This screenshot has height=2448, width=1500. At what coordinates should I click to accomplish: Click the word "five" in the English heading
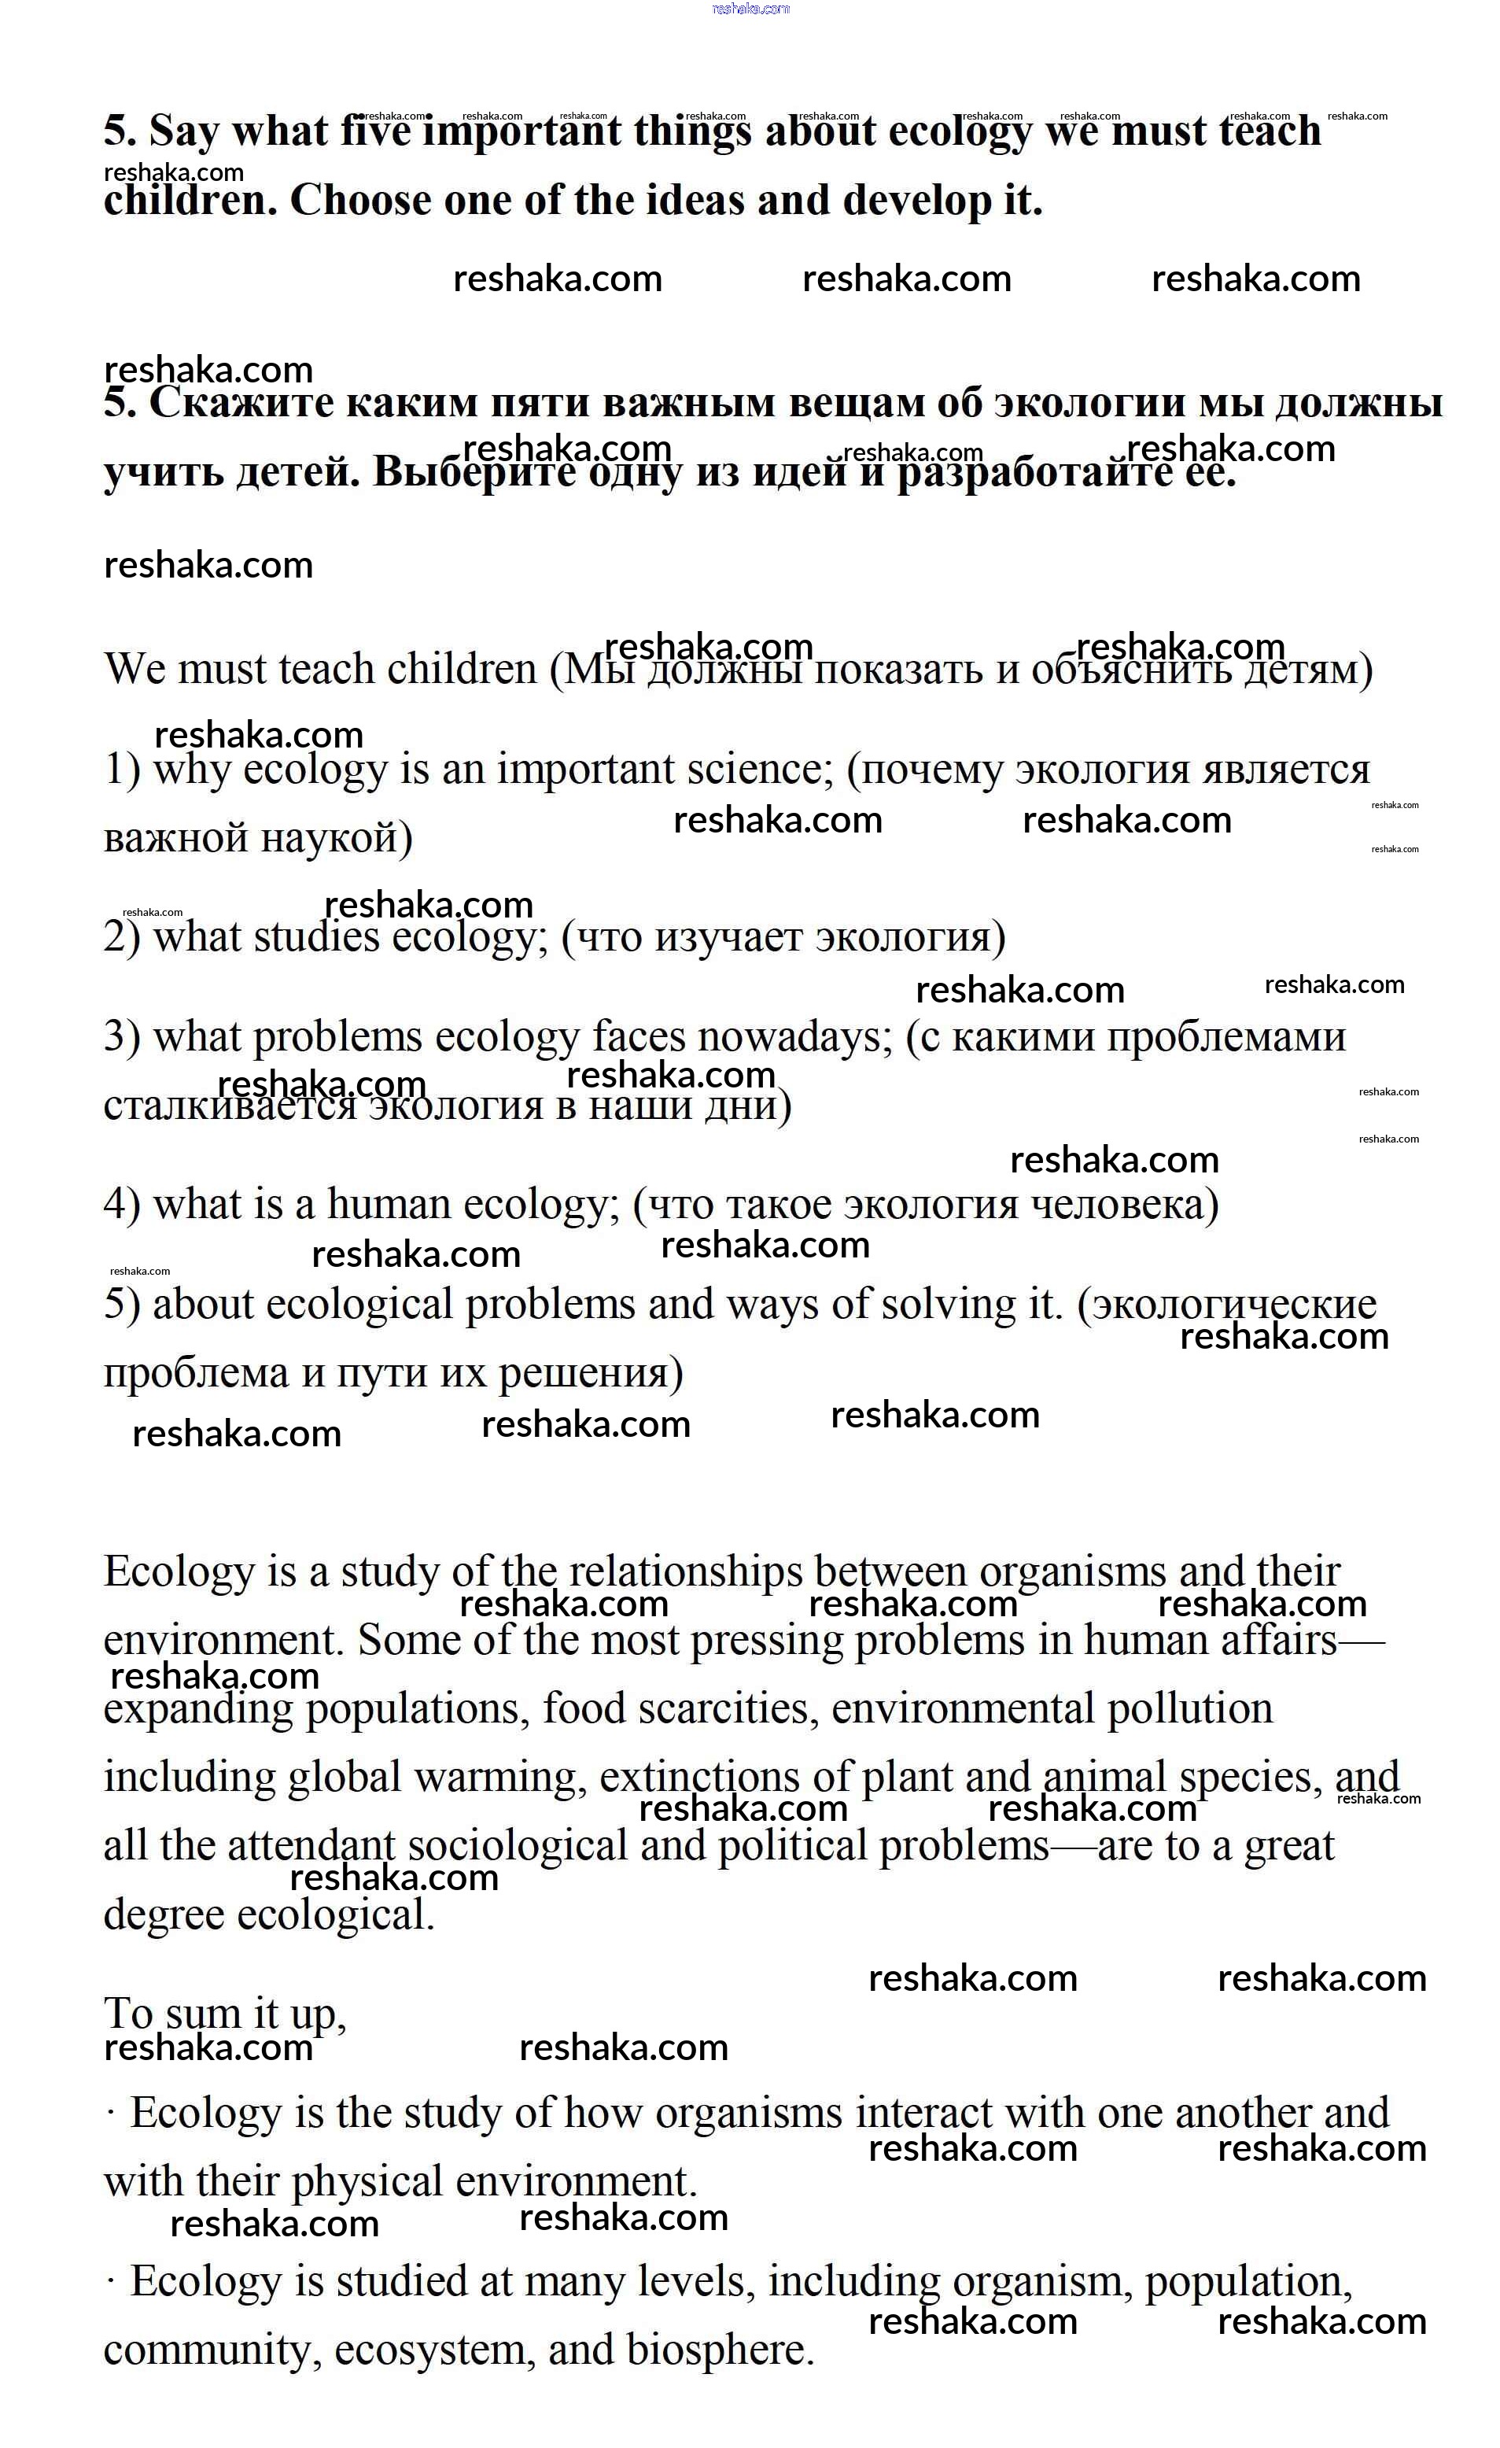(374, 131)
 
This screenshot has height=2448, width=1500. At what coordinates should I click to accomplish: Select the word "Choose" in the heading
(359, 201)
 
